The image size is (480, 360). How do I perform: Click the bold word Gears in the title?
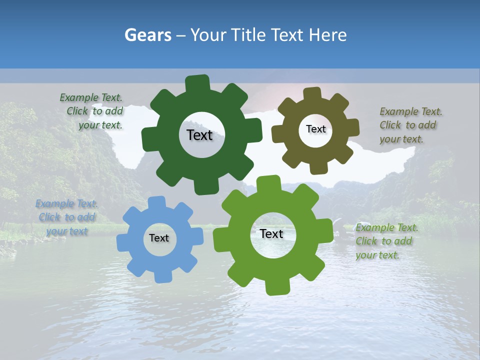(x=147, y=35)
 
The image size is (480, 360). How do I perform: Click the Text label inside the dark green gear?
(x=199, y=135)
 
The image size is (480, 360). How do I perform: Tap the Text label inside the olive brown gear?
(x=315, y=129)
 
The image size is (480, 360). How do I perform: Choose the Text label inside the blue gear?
(x=159, y=238)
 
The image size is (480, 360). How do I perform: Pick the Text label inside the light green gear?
(x=271, y=233)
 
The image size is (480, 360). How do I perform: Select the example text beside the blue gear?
(x=66, y=217)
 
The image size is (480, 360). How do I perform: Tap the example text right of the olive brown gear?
(x=408, y=125)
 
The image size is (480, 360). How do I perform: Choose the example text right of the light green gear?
(x=385, y=241)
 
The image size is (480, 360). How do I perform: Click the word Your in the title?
(x=209, y=35)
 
